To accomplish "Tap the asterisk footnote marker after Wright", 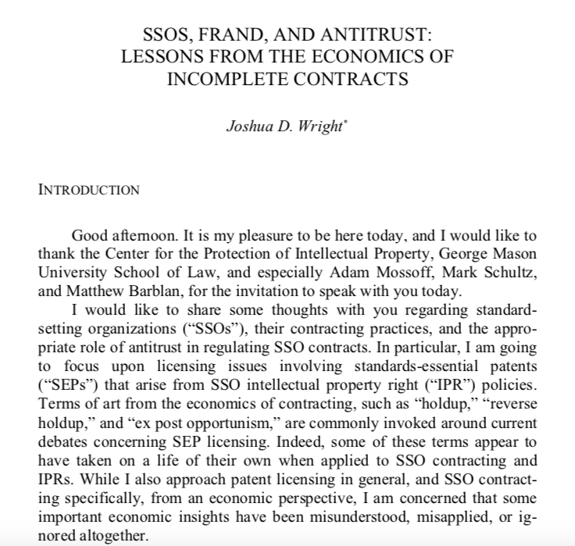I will coord(344,122).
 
